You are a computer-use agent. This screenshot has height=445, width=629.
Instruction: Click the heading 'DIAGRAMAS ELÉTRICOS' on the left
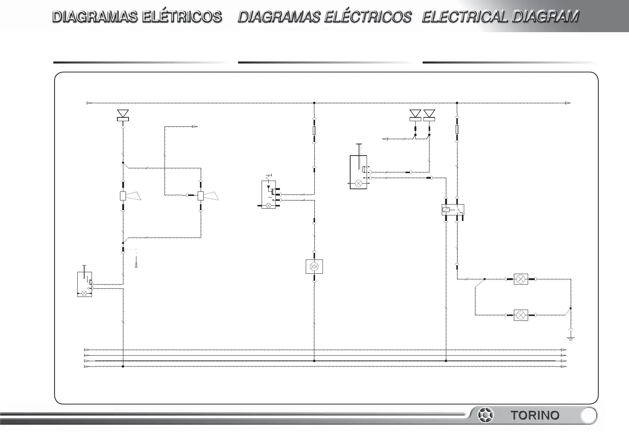[x=137, y=17]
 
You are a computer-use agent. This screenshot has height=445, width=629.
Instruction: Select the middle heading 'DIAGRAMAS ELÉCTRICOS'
[x=324, y=17]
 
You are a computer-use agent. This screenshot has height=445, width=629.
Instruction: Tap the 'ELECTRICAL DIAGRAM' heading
[x=500, y=17]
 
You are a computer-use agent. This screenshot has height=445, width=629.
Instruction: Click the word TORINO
[x=535, y=415]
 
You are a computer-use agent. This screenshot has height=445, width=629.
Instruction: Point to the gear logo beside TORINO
[x=486, y=415]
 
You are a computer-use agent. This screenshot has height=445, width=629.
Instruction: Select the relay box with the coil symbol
[x=453, y=210]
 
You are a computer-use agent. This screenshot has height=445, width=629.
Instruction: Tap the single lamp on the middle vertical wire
[x=314, y=266]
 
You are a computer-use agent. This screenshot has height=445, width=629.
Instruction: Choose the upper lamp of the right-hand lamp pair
[x=521, y=279]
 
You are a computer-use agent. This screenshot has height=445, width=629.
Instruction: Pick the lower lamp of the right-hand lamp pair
[x=521, y=315]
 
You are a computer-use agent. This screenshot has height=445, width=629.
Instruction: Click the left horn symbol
[x=127, y=196]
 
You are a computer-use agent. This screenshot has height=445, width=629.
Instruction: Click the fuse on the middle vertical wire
[x=314, y=131]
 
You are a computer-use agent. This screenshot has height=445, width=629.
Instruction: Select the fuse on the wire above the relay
[x=457, y=129]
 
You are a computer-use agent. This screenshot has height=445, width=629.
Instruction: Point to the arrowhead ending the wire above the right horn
[x=195, y=127]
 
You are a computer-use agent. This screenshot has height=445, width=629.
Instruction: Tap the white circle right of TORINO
[x=589, y=415]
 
